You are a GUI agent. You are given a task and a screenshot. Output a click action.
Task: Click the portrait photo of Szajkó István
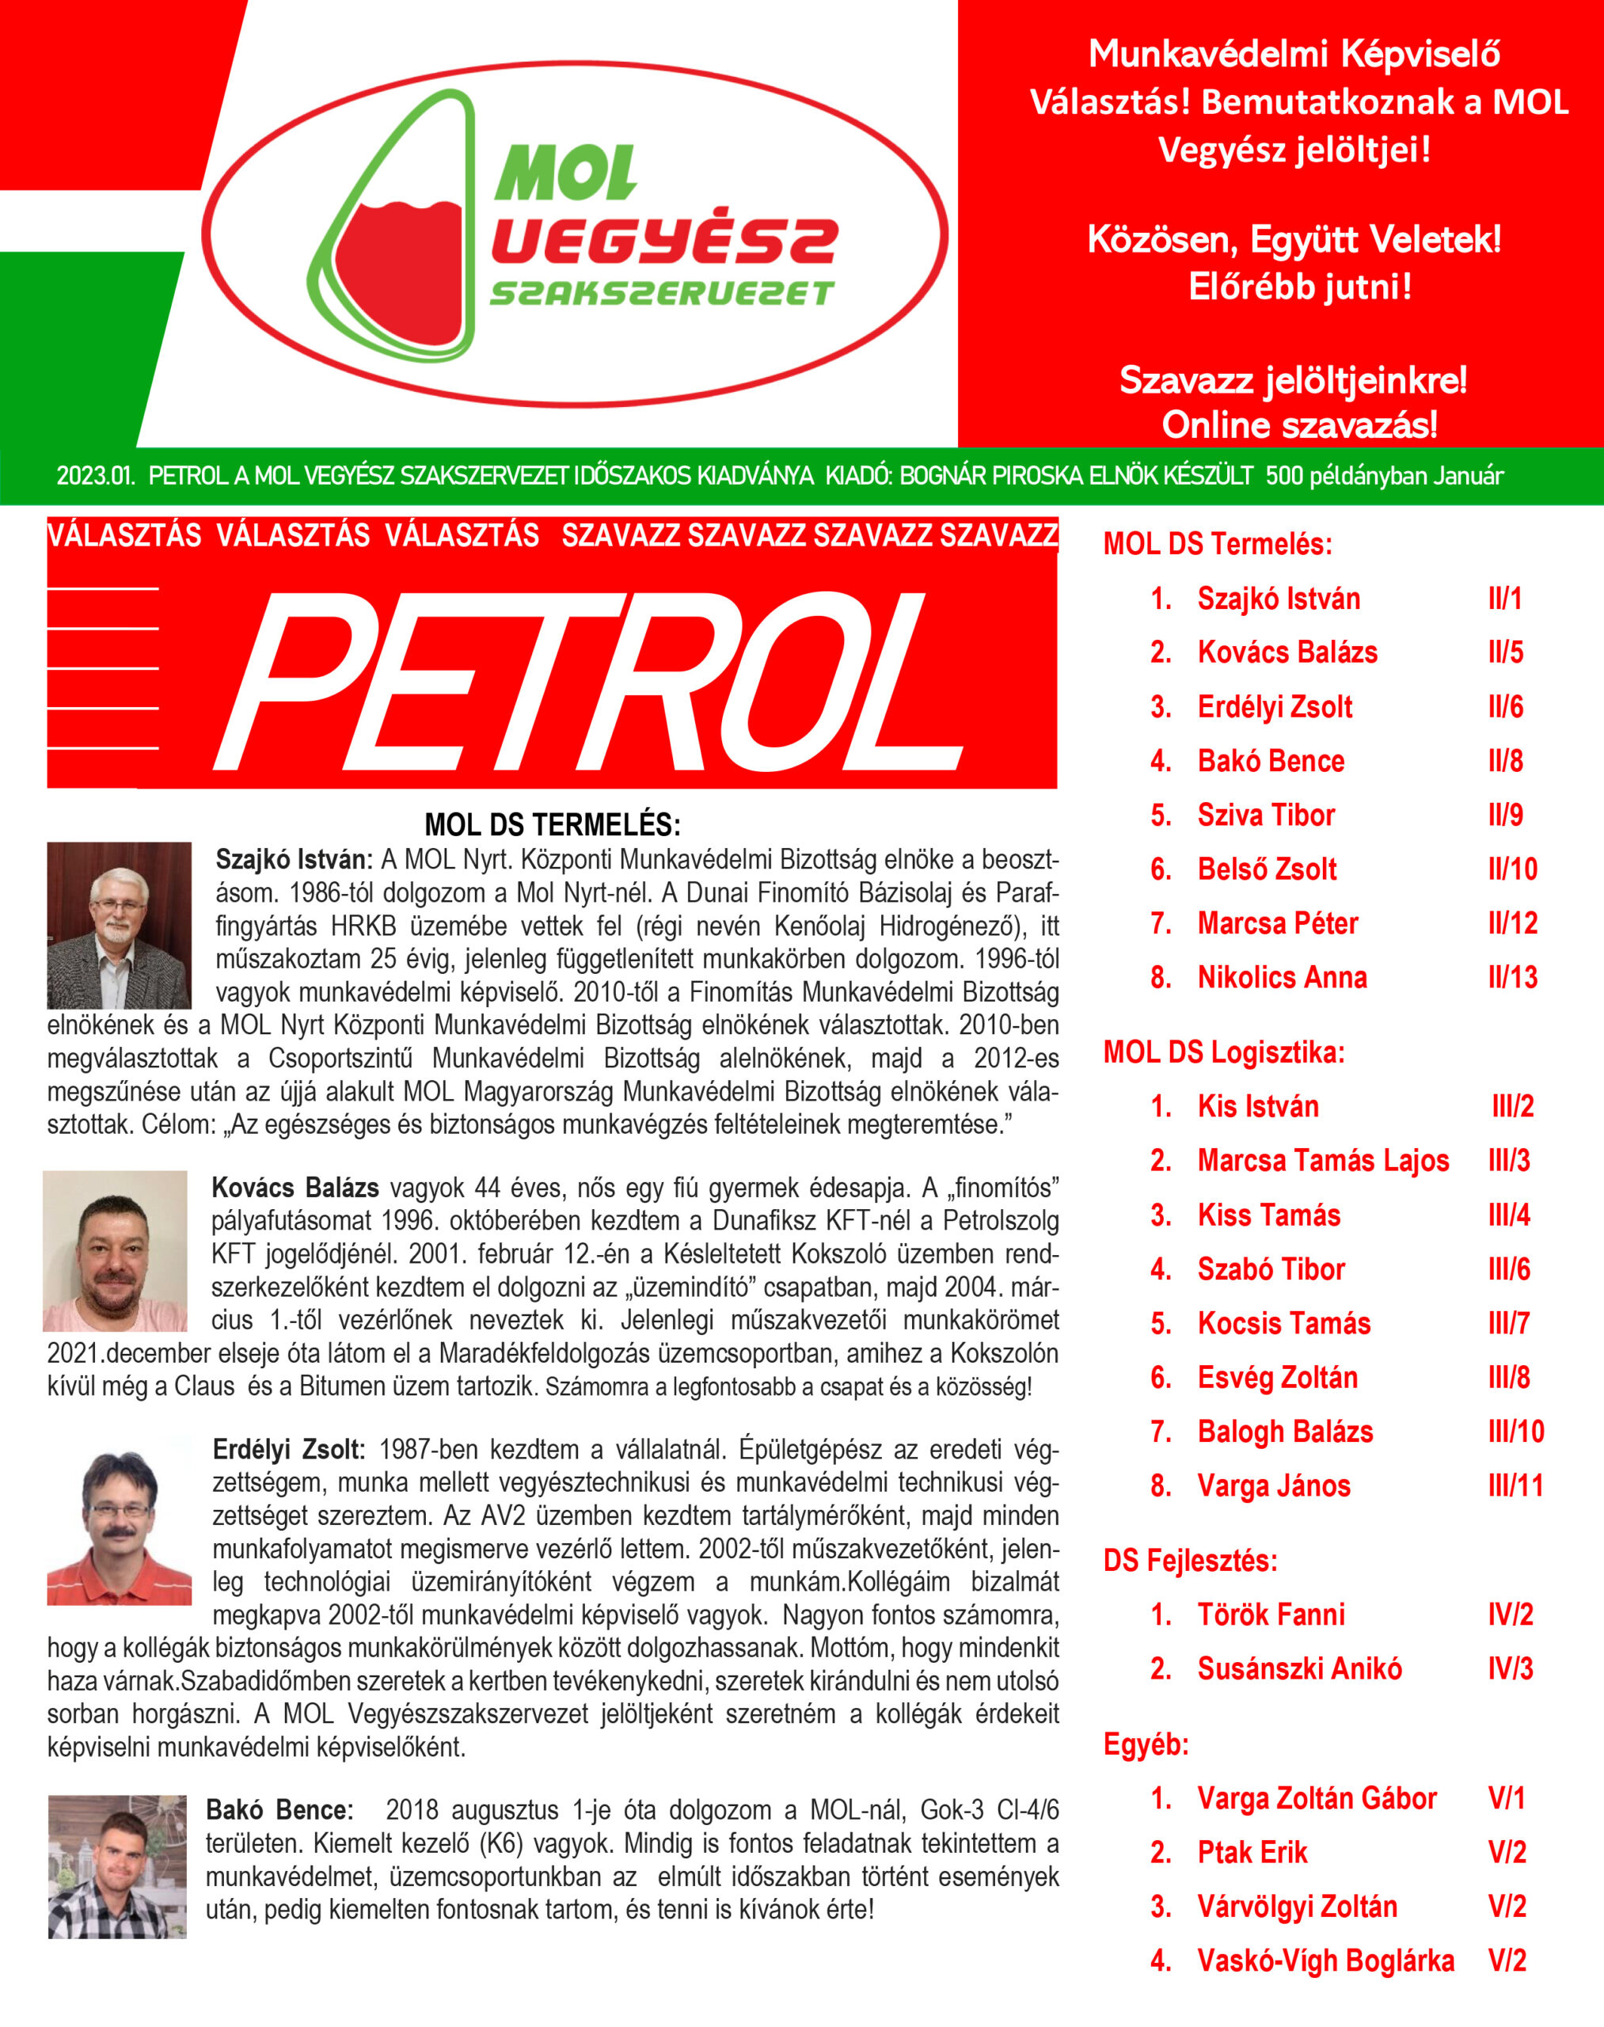point(120,924)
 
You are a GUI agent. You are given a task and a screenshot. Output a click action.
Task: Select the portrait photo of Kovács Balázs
point(115,1250)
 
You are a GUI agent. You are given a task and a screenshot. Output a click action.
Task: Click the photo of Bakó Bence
point(117,1866)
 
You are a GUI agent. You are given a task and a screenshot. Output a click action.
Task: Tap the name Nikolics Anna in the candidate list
point(1282,977)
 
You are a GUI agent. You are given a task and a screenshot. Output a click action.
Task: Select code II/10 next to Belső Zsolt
point(1512,869)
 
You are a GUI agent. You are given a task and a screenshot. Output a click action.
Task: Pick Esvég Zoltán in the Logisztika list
point(1277,1377)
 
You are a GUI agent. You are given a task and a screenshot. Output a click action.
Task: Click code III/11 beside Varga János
point(1515,1485)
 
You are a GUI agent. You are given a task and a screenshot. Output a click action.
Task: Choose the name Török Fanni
point(1271,1614)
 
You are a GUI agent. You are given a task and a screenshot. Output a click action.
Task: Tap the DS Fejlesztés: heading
point(1190,1560)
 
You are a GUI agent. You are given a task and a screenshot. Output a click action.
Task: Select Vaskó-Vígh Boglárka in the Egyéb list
point(1325,1960)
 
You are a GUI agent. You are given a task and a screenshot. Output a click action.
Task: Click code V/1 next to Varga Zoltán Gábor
point(1507,1798)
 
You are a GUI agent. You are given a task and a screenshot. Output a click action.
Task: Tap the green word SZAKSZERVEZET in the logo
point(661,293)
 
